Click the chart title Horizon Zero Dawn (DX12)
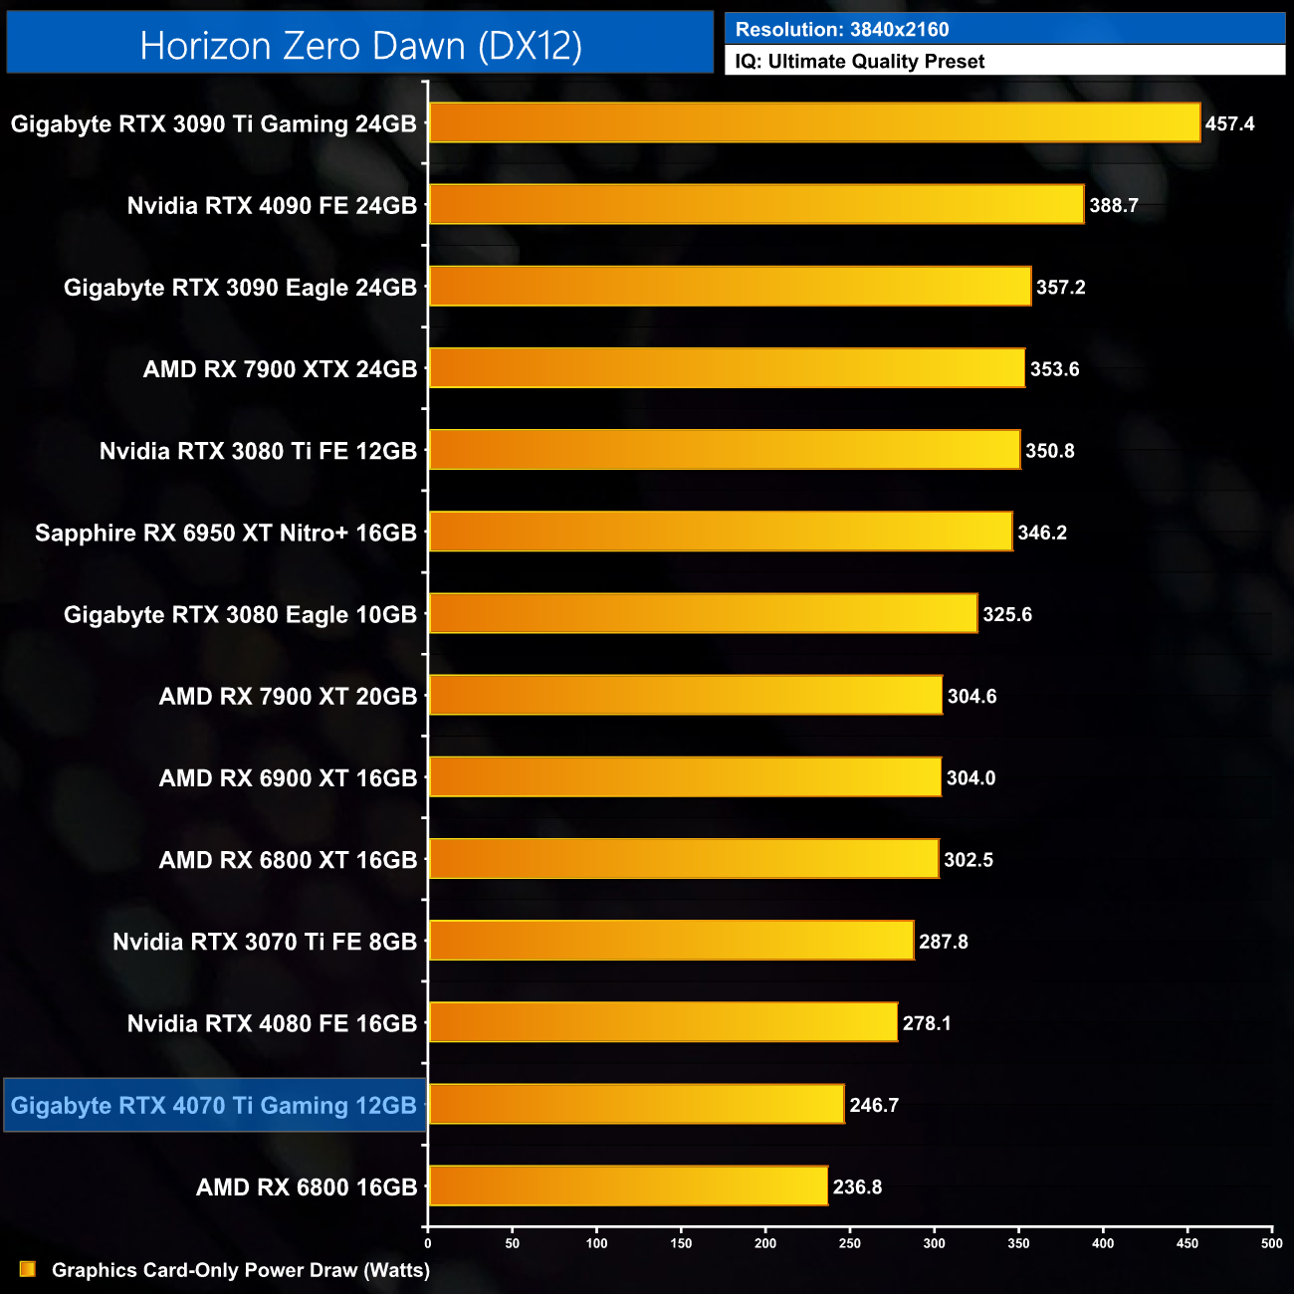pos(360,46)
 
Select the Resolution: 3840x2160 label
pos(842,30)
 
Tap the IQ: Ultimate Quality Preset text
pos(860,62)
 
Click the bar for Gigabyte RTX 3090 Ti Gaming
pos(814,123)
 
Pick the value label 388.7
pos(1114,206)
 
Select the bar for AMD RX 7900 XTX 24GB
pos(727,368)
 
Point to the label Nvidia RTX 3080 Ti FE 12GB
pos(258,451)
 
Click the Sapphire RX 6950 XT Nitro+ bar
pos(721,532)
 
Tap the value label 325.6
pos(1007,615)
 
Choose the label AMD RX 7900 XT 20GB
pos(288,697)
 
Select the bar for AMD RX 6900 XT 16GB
pos(685,777)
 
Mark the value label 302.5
pos(969,860)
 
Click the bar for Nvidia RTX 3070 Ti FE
pos(671,941)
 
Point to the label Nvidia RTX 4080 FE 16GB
pos(272,1023)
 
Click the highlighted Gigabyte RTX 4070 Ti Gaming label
pos(214,1106)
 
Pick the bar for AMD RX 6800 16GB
pos(628,1186)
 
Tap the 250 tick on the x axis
pos(850,1242)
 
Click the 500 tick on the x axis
pos(1271,1242)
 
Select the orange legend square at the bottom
pos(28,1269)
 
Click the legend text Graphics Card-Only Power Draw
pos(241,1270)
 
